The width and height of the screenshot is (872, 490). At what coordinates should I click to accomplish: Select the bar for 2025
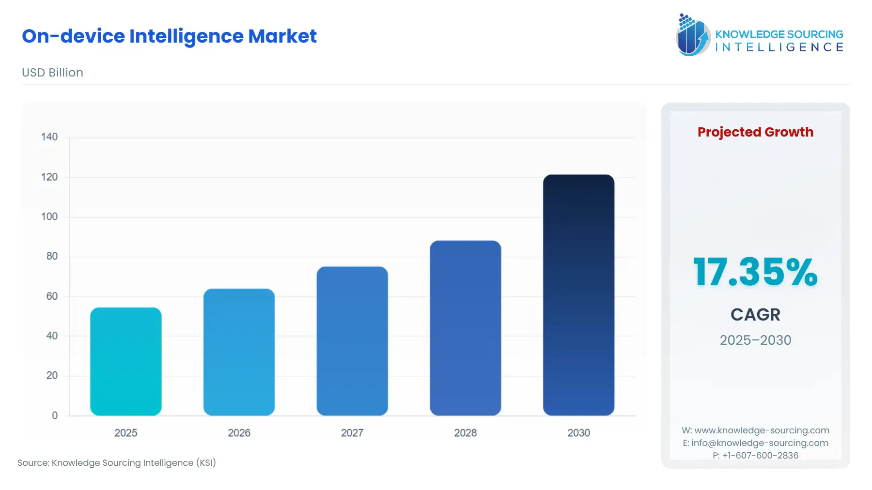pyautogui.click(x=126, y=361)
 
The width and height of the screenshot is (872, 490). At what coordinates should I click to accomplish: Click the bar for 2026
pyautogui.click(x=239, y=352)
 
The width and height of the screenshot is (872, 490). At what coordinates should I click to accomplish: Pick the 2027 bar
pyautogui.click(x=352, y=341)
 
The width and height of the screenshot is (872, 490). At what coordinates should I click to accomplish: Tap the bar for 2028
pyautogui.click(x=465, y=328)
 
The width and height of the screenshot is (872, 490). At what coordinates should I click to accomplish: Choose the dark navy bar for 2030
pyautogui.click(x=578, y=295)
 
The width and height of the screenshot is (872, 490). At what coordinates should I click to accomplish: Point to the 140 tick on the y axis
pyautogui.click(x=49, y=137)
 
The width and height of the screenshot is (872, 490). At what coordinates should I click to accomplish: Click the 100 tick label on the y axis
pyautogui.click(x=49, y=216)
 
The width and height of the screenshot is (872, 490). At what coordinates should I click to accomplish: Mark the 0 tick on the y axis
pyautogui.click(x=55, y=415)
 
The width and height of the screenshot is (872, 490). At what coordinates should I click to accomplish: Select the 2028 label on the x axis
pyautogui.click(x=465, y=433)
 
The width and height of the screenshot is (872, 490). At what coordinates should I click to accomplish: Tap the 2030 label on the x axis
pyautogui.click(x=578, y=433)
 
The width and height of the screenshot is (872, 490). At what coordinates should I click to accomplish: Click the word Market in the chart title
pyautogui.click(x=282, y=36)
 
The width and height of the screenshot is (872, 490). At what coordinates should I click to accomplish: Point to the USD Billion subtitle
pyautogui.click(x=52, y=73)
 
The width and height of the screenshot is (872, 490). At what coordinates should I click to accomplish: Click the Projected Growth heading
pyautogui.click(x=755, y=132)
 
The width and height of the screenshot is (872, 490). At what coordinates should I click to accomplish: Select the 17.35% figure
pyautogui.click(x=755, y=272)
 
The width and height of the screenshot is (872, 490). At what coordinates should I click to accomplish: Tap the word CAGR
pyautogui.click(x=755, y=315)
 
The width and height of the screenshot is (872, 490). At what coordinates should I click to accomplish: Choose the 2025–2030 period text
pyautogui.click(x=755, y=340)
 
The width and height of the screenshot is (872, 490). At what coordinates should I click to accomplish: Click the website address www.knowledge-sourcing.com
pyautogui.click(x=762, y=430)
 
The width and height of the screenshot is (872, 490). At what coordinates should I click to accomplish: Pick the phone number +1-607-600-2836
pyautogui.click(x=760, y=456)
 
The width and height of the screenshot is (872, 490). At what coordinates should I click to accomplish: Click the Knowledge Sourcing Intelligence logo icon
pyautogui.click(x=693, y=35)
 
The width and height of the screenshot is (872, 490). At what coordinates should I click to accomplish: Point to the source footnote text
pyautogui.click(x=117, y=463)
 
